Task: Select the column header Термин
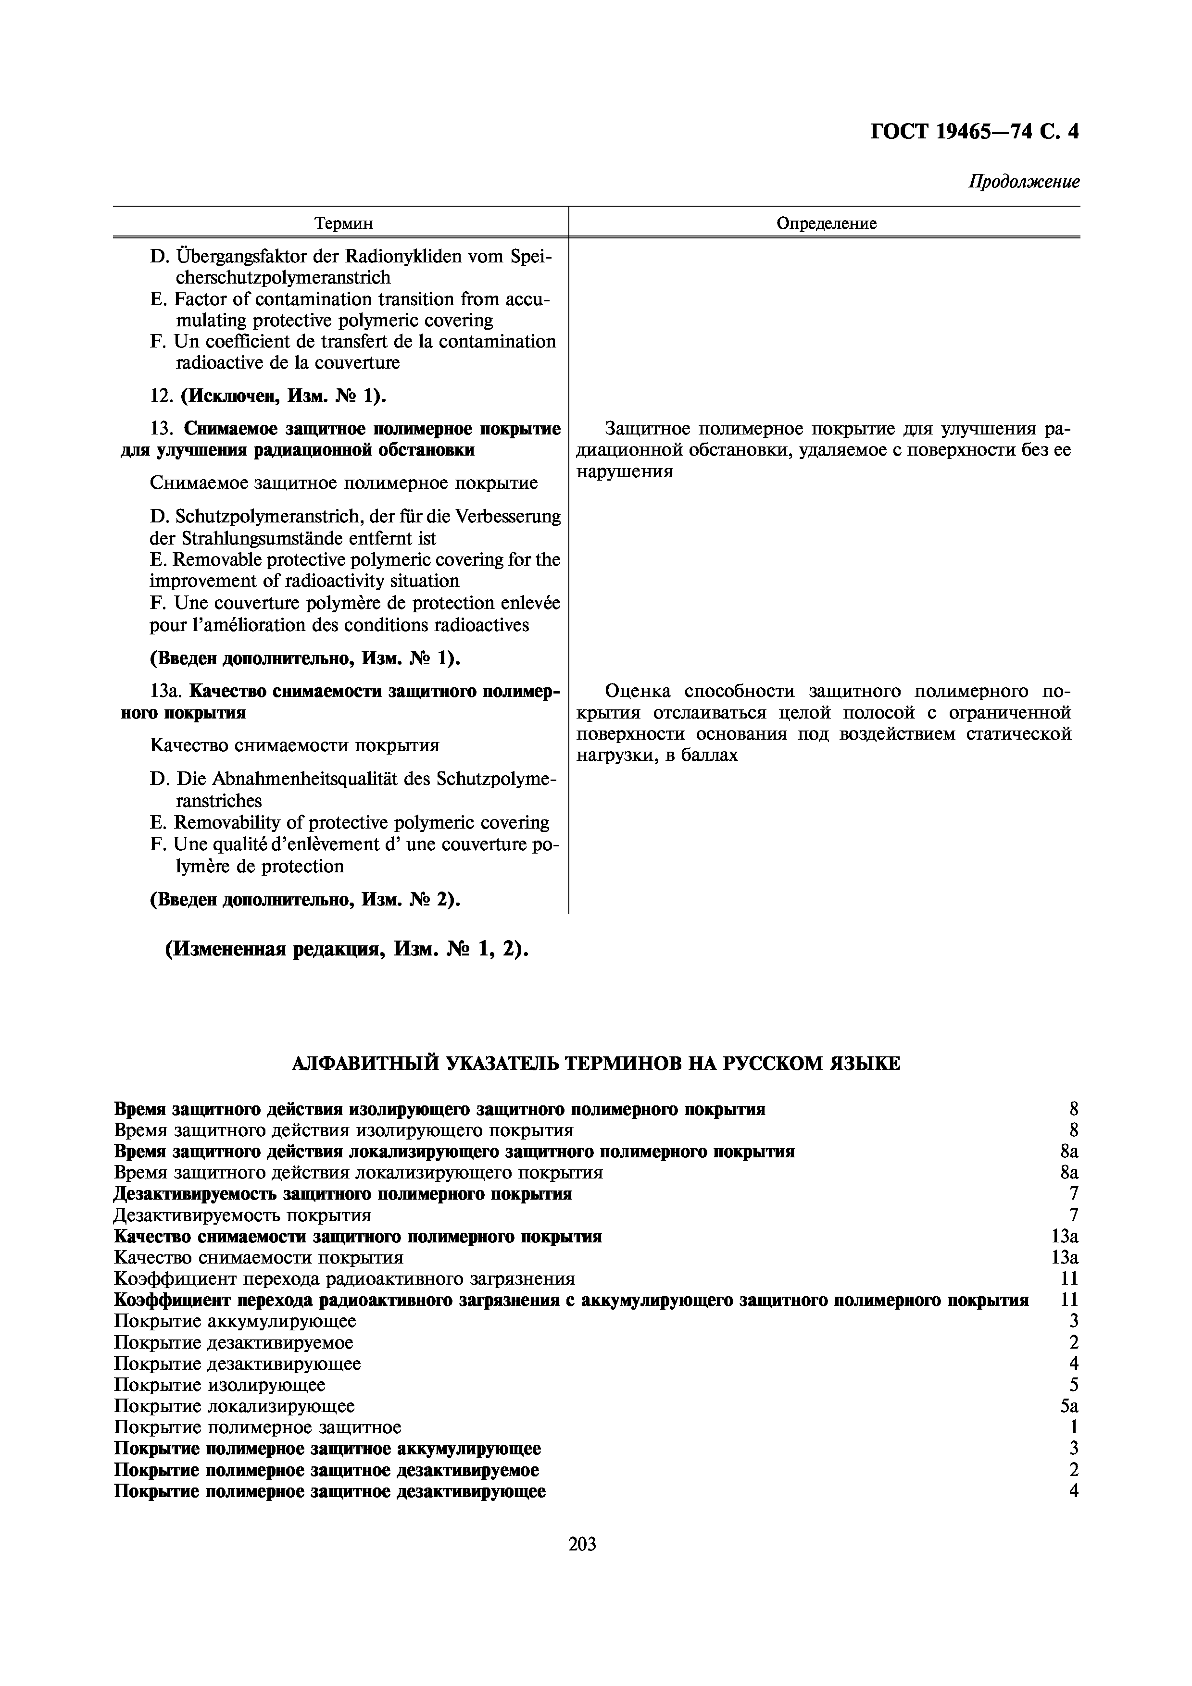343,223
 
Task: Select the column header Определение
826,223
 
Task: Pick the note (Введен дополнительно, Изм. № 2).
305,900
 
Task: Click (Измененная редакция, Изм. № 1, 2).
347,950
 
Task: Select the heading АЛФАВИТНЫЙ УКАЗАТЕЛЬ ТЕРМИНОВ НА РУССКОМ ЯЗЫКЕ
596,1063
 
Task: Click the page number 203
582,1544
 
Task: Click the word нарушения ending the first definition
624,471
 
